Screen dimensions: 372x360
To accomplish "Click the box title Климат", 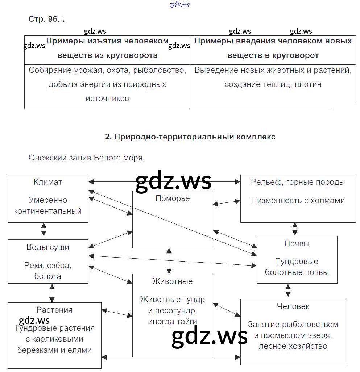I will (x=47, y=182).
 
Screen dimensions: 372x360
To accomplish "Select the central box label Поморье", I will (x=173, y=198).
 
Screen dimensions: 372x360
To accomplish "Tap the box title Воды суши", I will (x=48, y=247).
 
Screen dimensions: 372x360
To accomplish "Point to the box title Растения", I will (x=54, y=310).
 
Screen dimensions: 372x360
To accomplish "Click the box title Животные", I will (x=173, y=281).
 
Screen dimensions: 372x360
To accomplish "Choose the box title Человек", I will (x=293, y=306).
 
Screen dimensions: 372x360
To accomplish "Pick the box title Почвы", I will (x=297, y=244).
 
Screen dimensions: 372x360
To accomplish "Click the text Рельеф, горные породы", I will (x=298, y=182).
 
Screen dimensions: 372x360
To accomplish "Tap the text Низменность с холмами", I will (x=298, y=200).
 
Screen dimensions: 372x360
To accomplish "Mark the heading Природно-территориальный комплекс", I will (x=190, y=137).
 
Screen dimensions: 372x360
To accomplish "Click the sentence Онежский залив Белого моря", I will (x=87, y=158).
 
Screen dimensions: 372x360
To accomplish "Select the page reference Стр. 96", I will (x=44, y=19).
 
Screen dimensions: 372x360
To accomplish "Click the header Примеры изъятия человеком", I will (x=108, y=41).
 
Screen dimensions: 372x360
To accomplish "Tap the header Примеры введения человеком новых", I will (x=273, y=41).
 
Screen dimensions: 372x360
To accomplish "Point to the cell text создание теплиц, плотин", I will (x=273, y=84).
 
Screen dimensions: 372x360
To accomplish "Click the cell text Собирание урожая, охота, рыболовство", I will (x=107, y=70).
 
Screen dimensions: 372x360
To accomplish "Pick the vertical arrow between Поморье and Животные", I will (x=169, y=261).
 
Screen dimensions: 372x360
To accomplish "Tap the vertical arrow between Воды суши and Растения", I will (x=52, y=293).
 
